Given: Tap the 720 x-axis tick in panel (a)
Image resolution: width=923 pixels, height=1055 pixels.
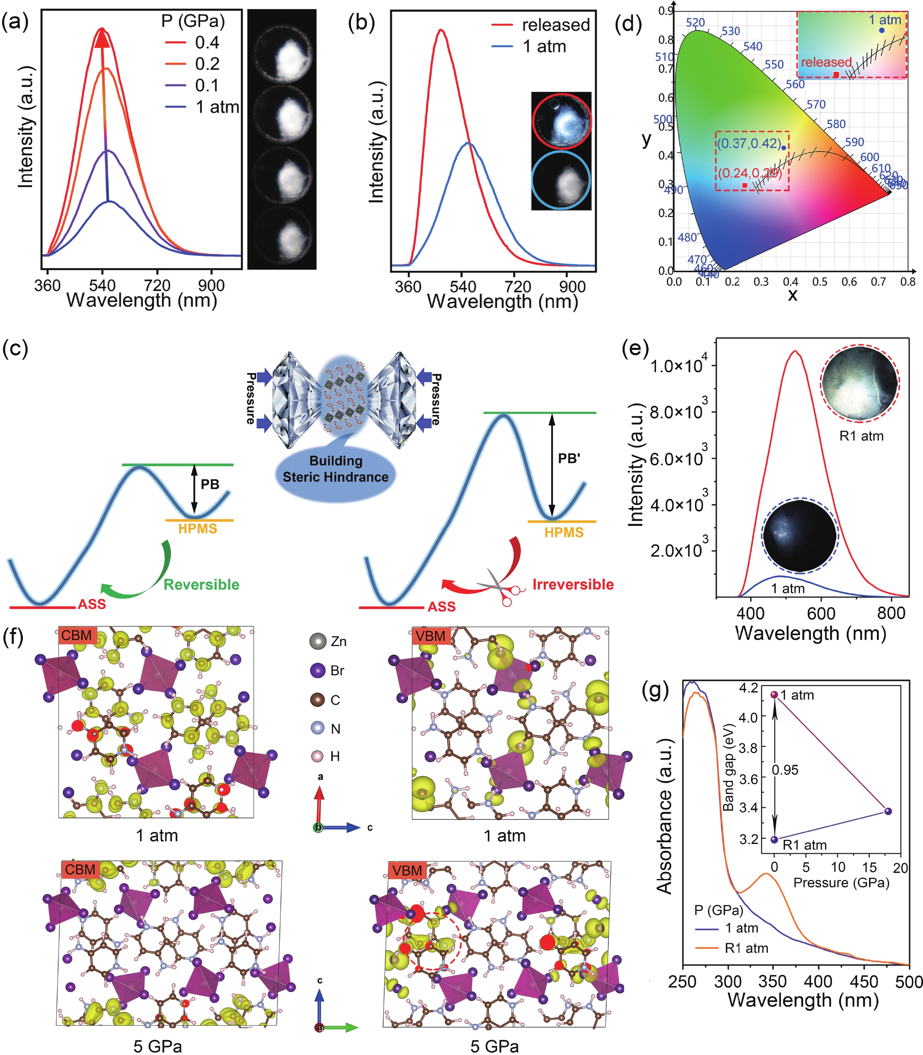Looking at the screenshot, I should pyautogui.click(x=157, y=285).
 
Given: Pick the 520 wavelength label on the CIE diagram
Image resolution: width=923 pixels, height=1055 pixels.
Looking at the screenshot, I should pyautogui.click(x=695, y=23).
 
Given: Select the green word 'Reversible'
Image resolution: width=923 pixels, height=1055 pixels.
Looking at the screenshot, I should pyautogui.click(x=201, y=584).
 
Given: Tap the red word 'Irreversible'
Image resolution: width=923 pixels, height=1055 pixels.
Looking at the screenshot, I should pyautogui.click(x=573, y=584).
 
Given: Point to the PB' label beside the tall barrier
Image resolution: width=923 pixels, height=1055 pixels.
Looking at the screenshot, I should pyautogui.click(x=569, y=458).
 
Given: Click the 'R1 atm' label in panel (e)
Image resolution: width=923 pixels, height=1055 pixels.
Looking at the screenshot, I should pyautogui.click(x=861, y=436).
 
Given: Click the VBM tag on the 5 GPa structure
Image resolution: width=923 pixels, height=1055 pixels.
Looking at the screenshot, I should pyautogui.click(x=407, y=870).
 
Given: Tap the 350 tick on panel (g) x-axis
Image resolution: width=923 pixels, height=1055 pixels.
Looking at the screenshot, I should pyautogui.click(x=773, y=981).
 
